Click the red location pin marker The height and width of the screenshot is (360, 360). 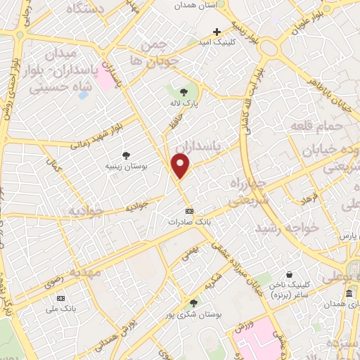pyautogui.click(x=181, y=166)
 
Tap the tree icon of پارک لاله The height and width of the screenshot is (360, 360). pyautogui.click(x=184, y=92)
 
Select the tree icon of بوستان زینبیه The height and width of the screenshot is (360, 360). pyautogui.click(x=127, y=155)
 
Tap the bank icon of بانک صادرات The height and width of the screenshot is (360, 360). pyautogui.click(x=188, y=210)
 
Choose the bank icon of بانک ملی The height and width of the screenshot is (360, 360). pyautogui.click(x=60, y=297)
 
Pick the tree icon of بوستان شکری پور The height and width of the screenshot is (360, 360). pyautogui.click(x=193, y=303)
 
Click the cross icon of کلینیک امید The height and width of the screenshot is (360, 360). pyautogui.click(x=217, y=32)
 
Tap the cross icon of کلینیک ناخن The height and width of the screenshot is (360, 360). pyautogui.click(x=288, y=275)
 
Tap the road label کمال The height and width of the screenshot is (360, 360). pyautogui.click(x=53, y=167)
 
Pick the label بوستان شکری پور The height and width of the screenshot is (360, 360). pyautogui.click(x=199, y=315)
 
